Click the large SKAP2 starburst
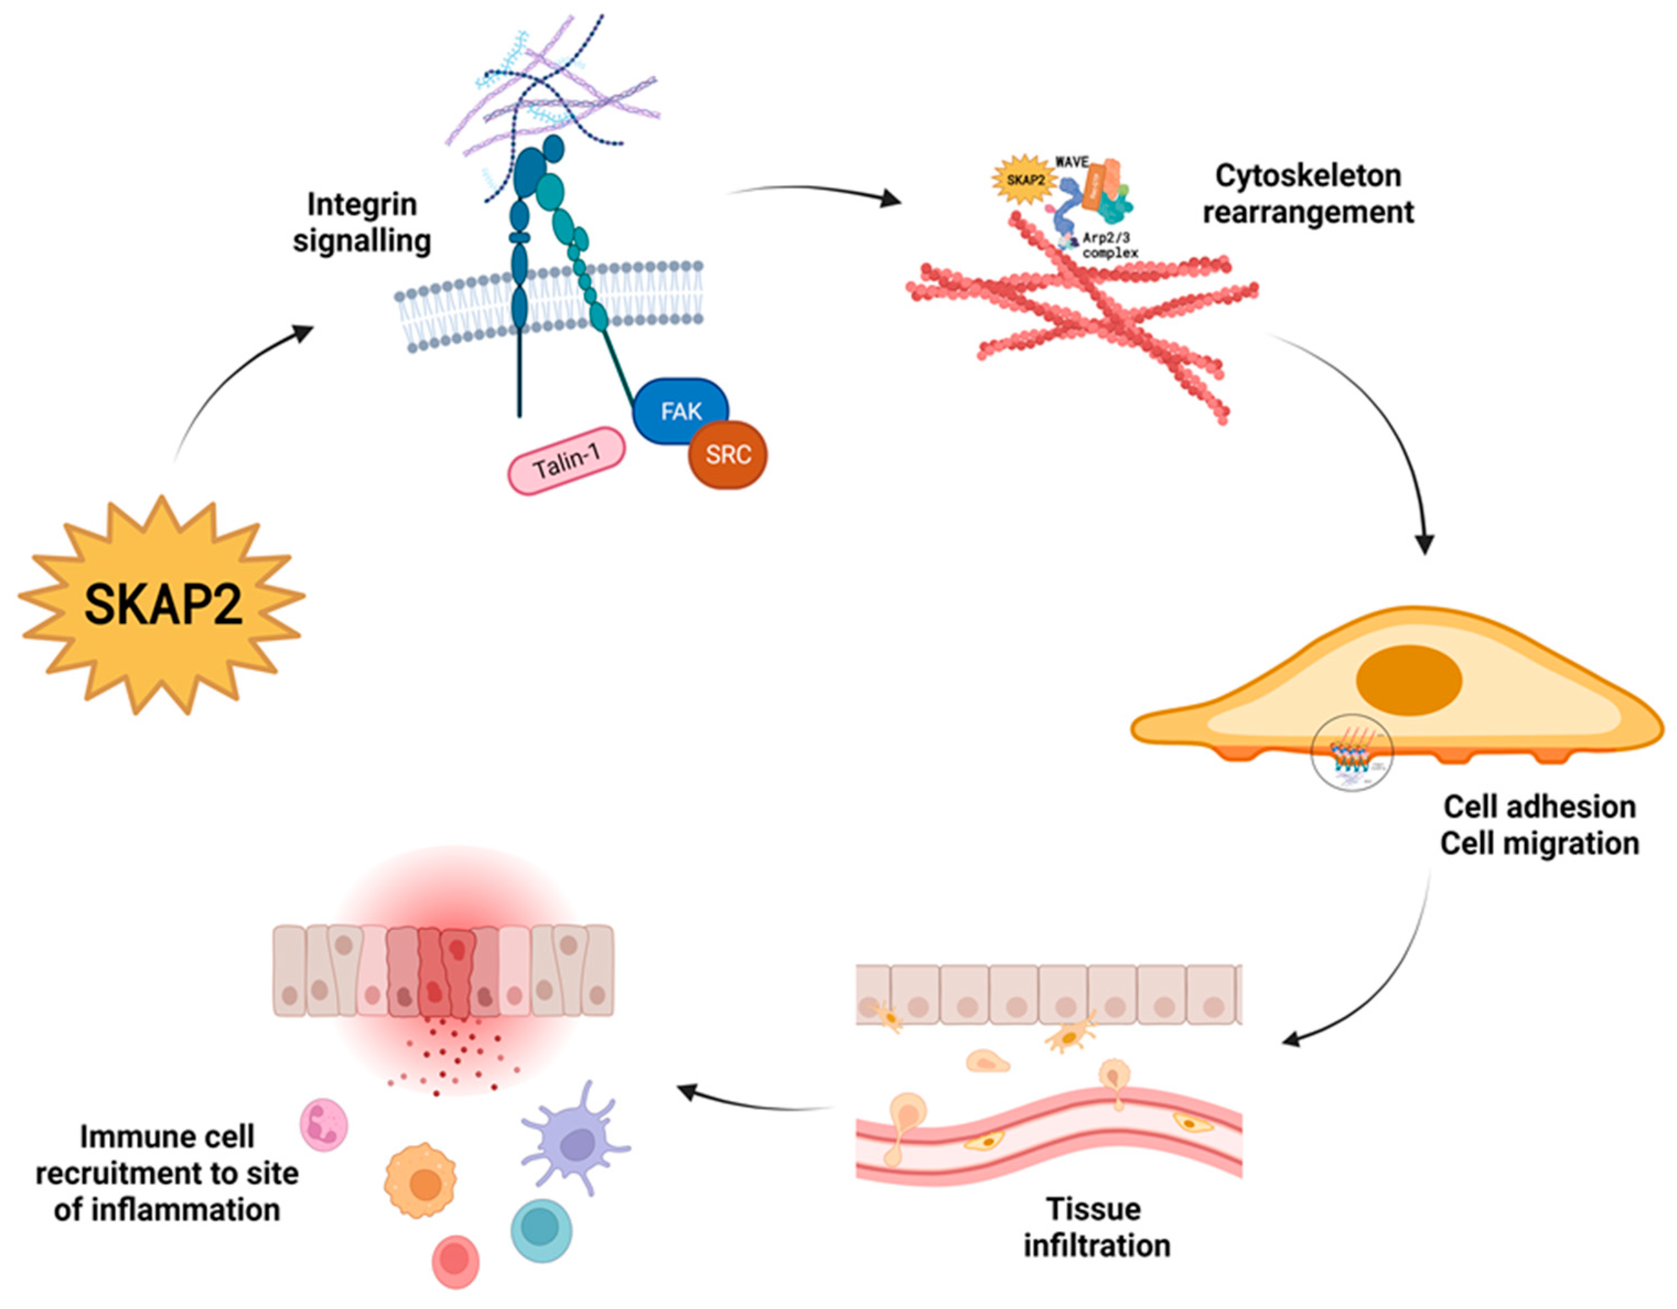pyautogui.click(x=161, y=604)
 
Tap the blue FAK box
pyautogui.click(x=679, y=411)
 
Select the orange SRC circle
pyautogui.click(x=727, y=455)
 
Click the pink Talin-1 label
pyautogui.click(x=567, y=461)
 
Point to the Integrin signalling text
pyautogui.click(x=361, y=223)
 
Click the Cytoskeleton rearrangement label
pyautogui.click(x=1308, y=193)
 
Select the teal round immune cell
pyautogui.click(x=541, y=1231)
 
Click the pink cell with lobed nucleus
pyautogui.click(x=323, y=1125)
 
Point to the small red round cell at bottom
pyautogui.click(x=455, y=1262)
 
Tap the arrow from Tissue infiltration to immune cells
pyautogui.click(x=756, y=1100)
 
